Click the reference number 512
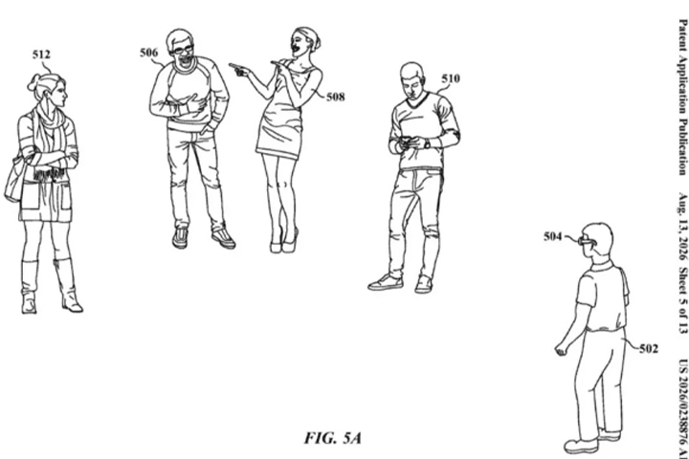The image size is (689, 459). [x=41, y=55]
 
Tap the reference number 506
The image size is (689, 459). [x=148, y=53]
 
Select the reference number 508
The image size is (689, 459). [x=335, y=97]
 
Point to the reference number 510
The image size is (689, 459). [x=451, y=78]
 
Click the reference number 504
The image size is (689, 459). [x=553, y=237]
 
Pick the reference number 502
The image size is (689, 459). [x=649, y=349]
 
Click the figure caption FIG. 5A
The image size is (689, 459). [x=333, y=438]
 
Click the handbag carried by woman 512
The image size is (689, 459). [x=13, y=183]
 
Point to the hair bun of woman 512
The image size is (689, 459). [x=33, y=82]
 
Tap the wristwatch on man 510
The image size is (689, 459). [x=427, y=143]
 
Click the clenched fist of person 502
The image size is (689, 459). [x=561, y=350]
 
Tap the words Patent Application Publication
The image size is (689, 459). [x=683, y=98]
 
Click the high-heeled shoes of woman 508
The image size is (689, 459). [x=284, y=243]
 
